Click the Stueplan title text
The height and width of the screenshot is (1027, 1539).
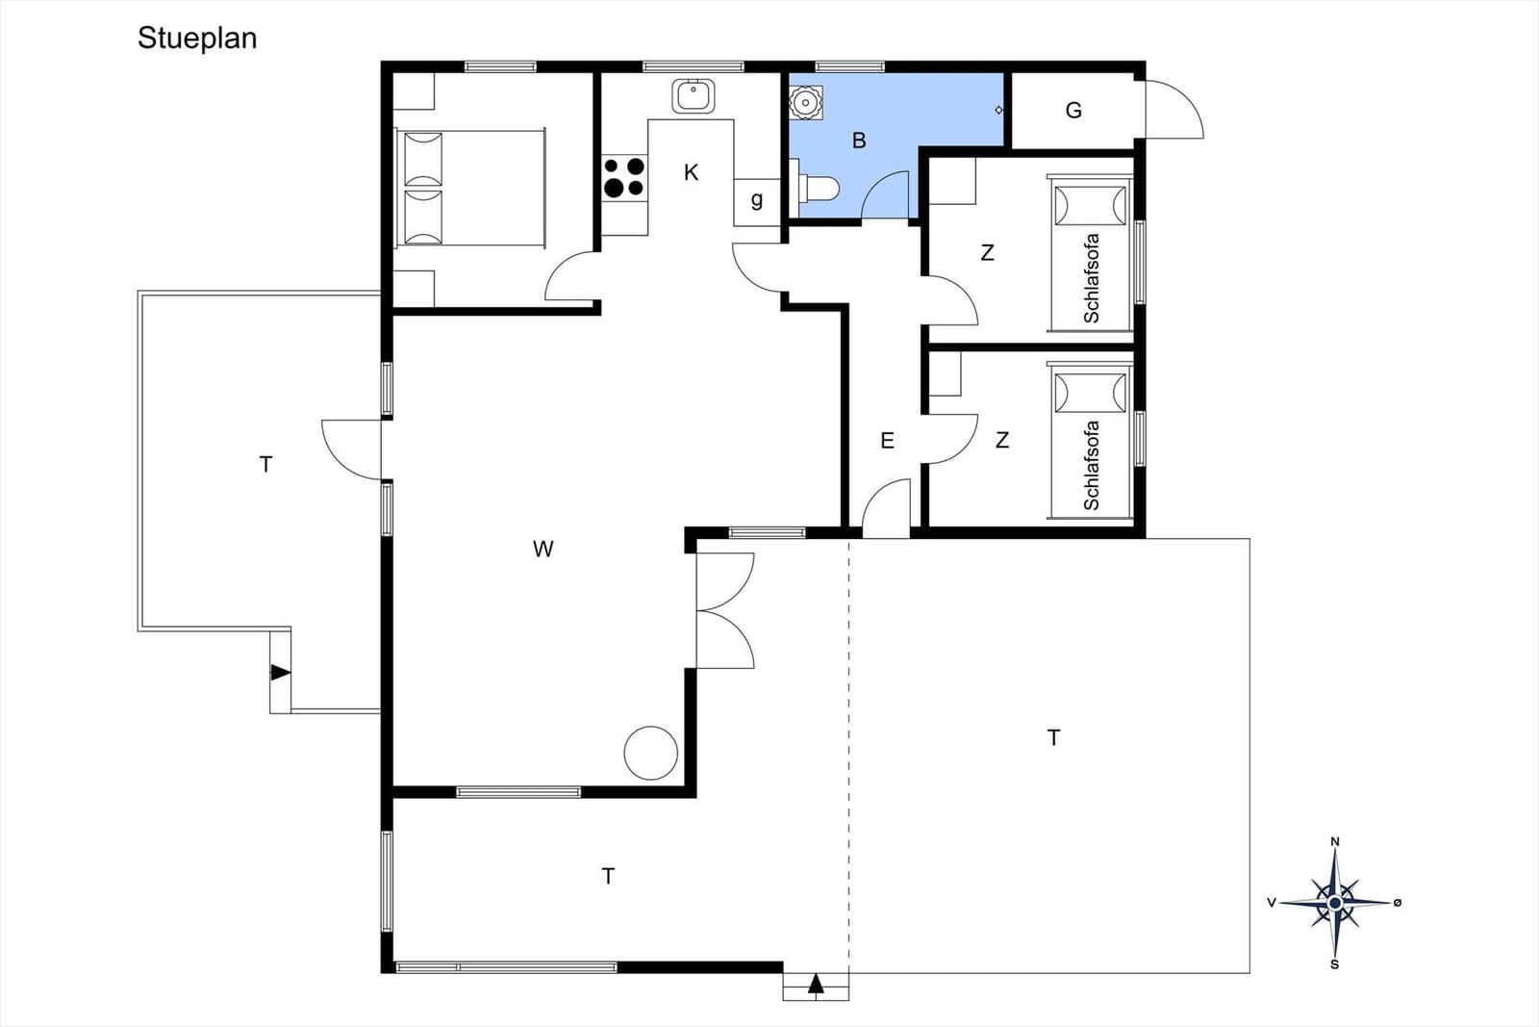coord(197,39)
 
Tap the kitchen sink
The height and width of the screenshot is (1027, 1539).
coord(694,95)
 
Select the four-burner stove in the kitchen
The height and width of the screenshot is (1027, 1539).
coord(624,177)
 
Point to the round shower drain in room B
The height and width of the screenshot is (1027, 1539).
coord(805,103)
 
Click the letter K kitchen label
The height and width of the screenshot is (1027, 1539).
coord(692,172)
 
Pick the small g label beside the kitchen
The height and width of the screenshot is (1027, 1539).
coord(756,200)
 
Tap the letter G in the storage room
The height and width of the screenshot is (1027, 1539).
coord(1073,110)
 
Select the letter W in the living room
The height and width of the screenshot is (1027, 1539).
coord(542,549)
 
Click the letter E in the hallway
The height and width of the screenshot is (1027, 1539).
coord(888,441)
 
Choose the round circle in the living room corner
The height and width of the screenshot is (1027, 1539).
coord(650,754)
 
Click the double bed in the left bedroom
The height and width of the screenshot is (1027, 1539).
coord(470,189)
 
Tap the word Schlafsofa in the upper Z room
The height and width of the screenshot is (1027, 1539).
coord(1091,278)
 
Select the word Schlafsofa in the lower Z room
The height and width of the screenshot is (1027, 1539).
coord(1091,466)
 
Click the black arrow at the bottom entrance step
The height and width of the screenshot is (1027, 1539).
coord(816,984)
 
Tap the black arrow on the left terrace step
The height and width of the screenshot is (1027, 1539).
coord(280,672)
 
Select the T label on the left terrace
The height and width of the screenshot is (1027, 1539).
coord(265,465)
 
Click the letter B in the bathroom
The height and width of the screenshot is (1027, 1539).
coord(859,141)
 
